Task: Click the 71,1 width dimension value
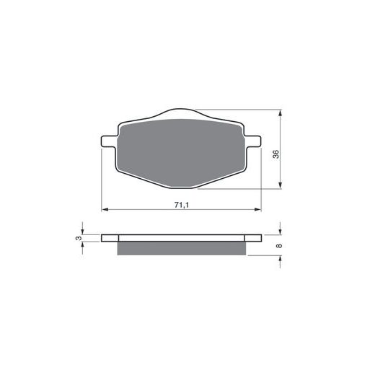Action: click(x=182, y=205)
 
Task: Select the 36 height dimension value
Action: click(x=276, y=154)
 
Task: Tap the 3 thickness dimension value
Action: click(x=79, y=238)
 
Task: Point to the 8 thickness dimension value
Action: click(x=279, y=246)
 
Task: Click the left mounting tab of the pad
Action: click(x=109, y=141)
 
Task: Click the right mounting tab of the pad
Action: click(x=253, y=141)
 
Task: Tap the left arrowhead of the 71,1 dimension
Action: click(x=105, y=210)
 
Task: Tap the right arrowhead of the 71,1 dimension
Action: click(x=257, y=210)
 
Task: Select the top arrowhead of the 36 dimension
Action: click(x=280, y=113)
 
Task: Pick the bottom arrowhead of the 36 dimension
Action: click(x=280, y=185)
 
